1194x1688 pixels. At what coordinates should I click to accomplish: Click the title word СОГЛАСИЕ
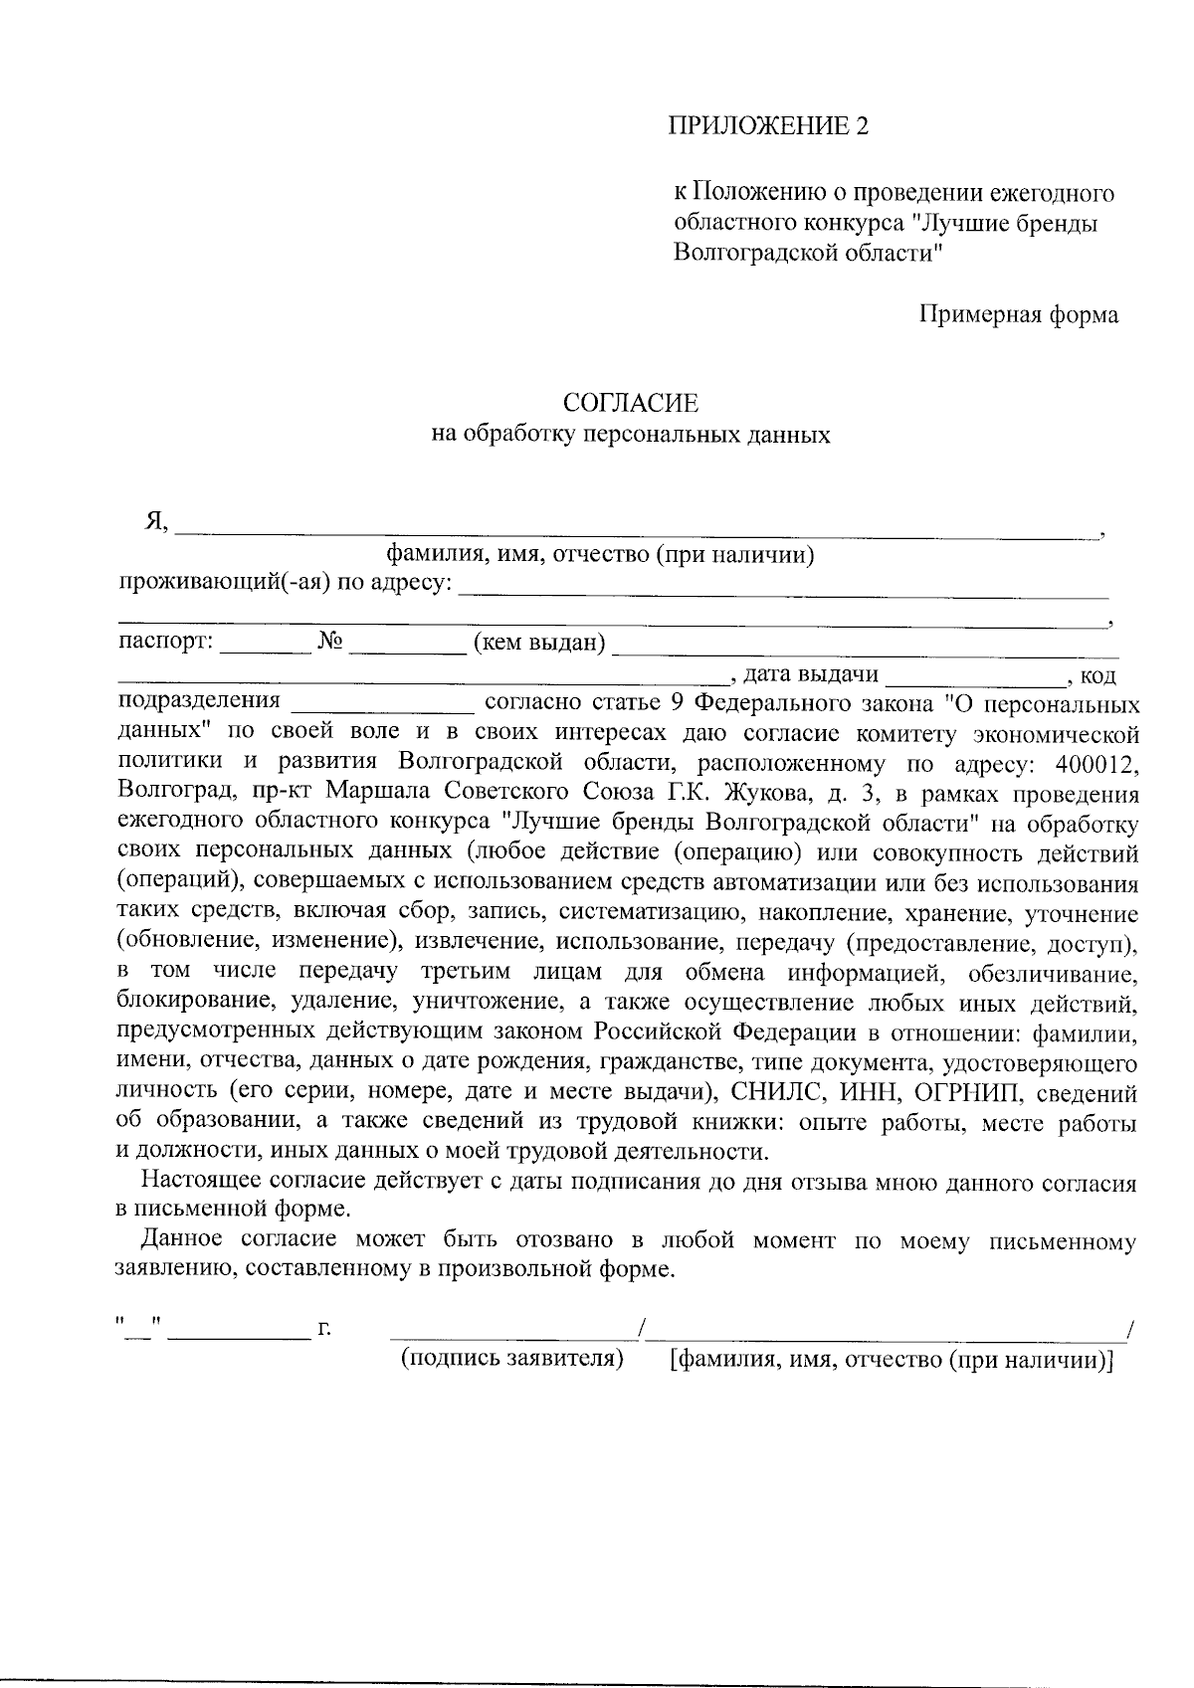click(x=630, y=403)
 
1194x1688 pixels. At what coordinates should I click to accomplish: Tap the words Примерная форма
click(x=1018, y=315)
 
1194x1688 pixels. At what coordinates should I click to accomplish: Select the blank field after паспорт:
click(x=265, y=647)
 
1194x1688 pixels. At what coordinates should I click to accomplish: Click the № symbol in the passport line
click(x=330, y=643)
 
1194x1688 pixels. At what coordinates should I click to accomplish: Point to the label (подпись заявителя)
click(x=511, y=1359)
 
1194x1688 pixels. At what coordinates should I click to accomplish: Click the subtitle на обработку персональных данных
click(x=630, y=436)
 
